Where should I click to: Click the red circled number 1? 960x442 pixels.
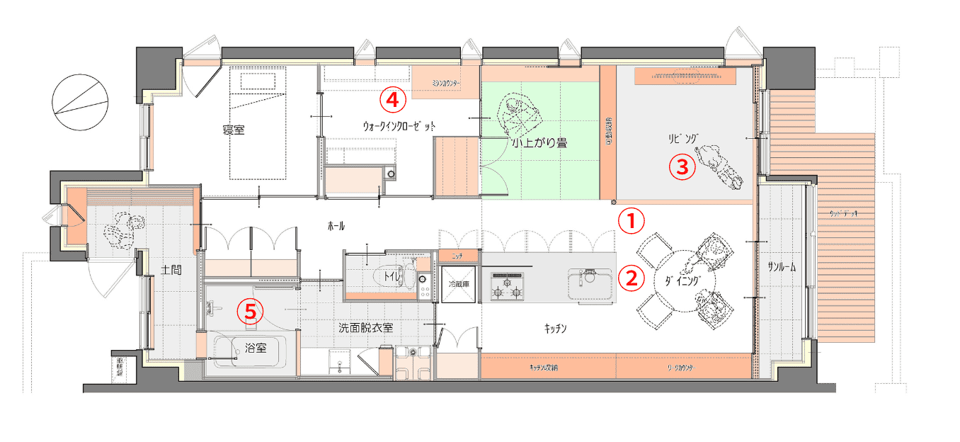pos(632,220)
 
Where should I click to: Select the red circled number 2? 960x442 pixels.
pos(632,277)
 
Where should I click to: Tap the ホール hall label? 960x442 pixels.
pos(337,227)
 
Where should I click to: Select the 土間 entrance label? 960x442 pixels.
pos(168,269)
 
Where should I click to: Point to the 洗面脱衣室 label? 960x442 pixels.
pos(365,328)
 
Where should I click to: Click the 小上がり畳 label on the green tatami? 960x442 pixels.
pos(542,142)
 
